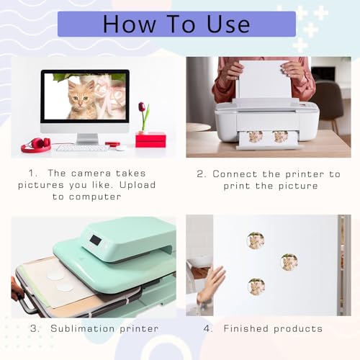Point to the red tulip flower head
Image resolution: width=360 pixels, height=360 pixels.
coord(142,107)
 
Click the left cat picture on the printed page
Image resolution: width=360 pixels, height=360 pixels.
coord(255,136)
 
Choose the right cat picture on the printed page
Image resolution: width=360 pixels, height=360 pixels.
coord(280,136)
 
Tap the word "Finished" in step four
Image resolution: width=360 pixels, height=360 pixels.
coord(248,328)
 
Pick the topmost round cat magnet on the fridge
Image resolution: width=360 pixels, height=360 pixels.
coord(255,240)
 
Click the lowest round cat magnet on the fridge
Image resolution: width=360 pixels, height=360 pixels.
coord(256,287)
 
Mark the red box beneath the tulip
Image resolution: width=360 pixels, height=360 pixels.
coord(150,139)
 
